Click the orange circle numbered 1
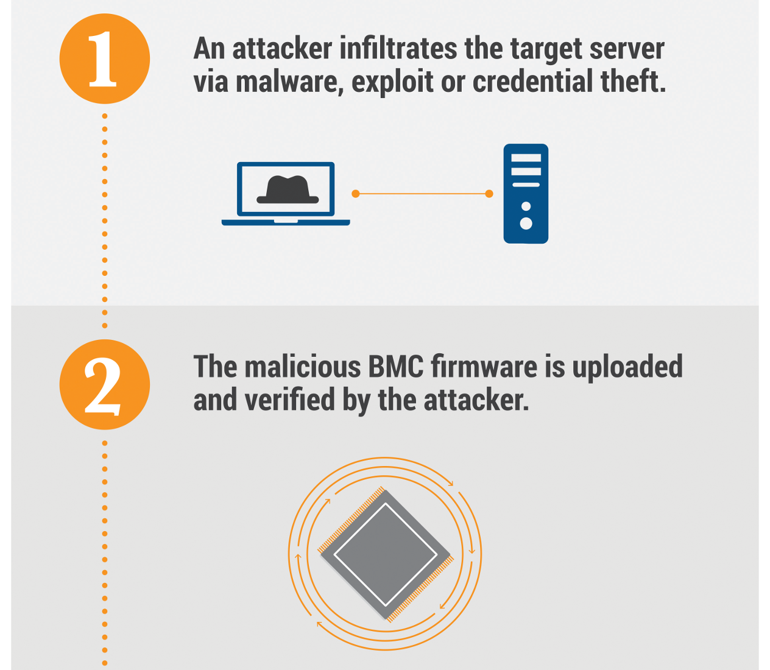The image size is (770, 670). pyautogui.click(x=104, y=59)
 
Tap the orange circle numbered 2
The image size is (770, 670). pyautogui.click(x=104, y=385)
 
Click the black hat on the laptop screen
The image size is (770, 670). pyautogui.click(x=288, y=189)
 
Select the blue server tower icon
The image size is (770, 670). pyautogui.click(x=526, y=194)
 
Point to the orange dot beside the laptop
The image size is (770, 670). pyautogui.click(x=356, y=194)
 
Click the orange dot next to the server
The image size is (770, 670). pyautogui.click(x=489, y=194)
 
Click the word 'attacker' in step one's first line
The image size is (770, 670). pyautogui.click(x=283, y=49)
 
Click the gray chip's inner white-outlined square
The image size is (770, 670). pyautogui.click(x=386, y=554)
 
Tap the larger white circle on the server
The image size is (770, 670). pyautogui.click(x=526, y=223)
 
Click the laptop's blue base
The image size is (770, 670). pyautogui.click(x=286, y=222)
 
